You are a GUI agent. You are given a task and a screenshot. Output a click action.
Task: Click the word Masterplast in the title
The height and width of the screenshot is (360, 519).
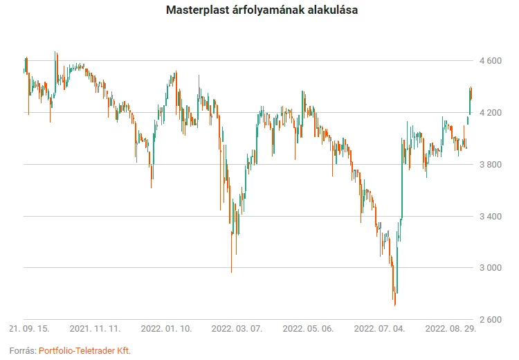197,11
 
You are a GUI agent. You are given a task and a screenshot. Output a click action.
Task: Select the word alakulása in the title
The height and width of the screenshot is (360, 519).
331,11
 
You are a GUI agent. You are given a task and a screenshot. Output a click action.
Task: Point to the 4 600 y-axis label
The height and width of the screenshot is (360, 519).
489,61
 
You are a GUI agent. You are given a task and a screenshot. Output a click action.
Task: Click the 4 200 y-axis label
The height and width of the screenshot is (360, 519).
489,113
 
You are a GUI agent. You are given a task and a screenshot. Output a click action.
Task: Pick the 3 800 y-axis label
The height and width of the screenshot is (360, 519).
489,165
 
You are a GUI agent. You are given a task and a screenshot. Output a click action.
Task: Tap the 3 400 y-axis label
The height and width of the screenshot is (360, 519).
489,217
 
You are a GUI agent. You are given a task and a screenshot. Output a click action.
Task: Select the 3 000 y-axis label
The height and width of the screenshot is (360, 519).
489,268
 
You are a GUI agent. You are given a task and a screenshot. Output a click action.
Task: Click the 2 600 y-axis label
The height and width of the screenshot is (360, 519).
489,320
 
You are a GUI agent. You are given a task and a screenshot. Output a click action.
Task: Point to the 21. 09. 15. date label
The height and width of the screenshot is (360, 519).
30,328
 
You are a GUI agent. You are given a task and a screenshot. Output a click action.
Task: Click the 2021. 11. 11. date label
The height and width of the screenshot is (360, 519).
95,328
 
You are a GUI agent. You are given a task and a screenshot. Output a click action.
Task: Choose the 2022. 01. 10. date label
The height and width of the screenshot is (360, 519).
167,328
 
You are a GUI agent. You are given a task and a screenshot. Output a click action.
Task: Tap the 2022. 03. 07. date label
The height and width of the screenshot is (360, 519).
237,328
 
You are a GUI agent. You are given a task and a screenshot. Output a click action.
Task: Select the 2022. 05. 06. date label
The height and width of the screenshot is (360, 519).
309,328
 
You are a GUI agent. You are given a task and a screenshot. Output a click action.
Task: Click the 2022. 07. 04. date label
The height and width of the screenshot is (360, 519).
379,328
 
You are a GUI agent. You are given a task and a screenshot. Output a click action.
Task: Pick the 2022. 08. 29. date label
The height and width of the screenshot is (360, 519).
450,328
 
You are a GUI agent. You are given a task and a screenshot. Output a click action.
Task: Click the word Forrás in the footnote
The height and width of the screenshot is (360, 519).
22,350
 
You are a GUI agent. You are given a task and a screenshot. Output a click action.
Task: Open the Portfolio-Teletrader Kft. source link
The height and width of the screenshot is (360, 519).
84,350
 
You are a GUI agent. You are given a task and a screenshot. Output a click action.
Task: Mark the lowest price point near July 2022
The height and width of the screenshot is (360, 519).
395,305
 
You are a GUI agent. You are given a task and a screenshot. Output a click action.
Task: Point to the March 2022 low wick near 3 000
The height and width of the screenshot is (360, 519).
231,271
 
